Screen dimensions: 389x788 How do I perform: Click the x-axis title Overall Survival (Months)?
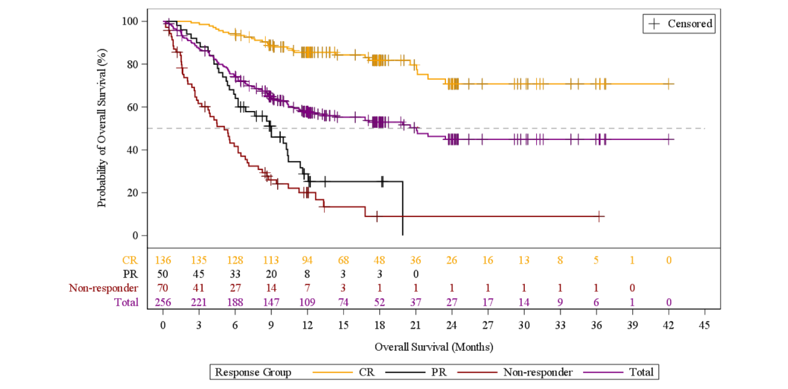[434, 347]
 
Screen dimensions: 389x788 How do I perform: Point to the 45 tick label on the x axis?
[704, 326]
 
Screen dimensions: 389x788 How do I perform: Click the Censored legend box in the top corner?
[679, 24]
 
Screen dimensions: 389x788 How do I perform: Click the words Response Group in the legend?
[253, 372]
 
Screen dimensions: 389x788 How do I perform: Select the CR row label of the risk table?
[130, 260]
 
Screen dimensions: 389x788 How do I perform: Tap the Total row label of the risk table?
[127, 302]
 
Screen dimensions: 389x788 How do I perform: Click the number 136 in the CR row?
[163, 260]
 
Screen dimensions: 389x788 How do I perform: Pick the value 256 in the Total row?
[163, 302]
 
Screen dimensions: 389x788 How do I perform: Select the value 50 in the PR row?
[163, 274]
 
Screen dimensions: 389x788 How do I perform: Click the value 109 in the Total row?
[307, 302]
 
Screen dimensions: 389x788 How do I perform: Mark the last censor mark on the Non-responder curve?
[599, 216]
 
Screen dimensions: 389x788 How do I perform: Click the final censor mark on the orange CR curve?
[669, 84]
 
